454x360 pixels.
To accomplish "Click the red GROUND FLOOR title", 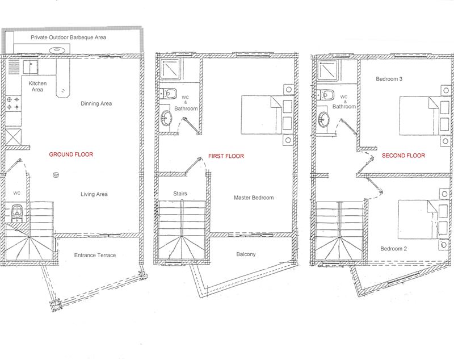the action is [71, 154].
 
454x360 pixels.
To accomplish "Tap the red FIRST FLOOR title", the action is [226, 156].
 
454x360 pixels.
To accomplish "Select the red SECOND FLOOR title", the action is [403, 156].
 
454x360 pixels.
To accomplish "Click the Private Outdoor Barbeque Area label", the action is [68, 37].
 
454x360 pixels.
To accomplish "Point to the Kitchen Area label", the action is [37, 87].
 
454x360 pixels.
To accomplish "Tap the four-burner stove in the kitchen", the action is [13, 103].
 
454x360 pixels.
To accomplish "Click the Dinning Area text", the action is [96, 103].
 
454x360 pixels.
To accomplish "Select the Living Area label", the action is [94, 194].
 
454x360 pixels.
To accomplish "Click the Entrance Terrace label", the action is [95, 255].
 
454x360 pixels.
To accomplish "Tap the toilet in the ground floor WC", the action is [17, 214].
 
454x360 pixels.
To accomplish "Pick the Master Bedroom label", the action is [254, 198].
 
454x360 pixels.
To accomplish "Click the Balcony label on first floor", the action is [246, 254].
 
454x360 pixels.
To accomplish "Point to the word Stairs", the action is [180, 194].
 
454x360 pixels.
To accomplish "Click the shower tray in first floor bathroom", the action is [170, 69].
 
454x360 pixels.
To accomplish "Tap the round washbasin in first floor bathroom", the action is [166, 118].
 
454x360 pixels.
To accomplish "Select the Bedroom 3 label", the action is [389, 79].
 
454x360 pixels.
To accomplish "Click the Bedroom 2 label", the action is [393, 249].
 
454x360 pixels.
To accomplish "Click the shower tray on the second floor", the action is [327, 70].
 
